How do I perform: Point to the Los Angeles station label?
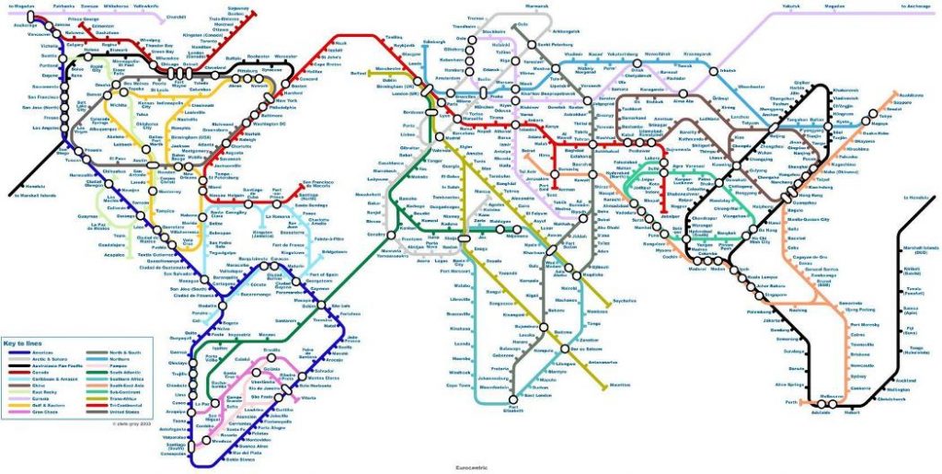pyautogui.click(x=46, y=126)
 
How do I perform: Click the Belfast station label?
pyautogui.click(x=360, y=72)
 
